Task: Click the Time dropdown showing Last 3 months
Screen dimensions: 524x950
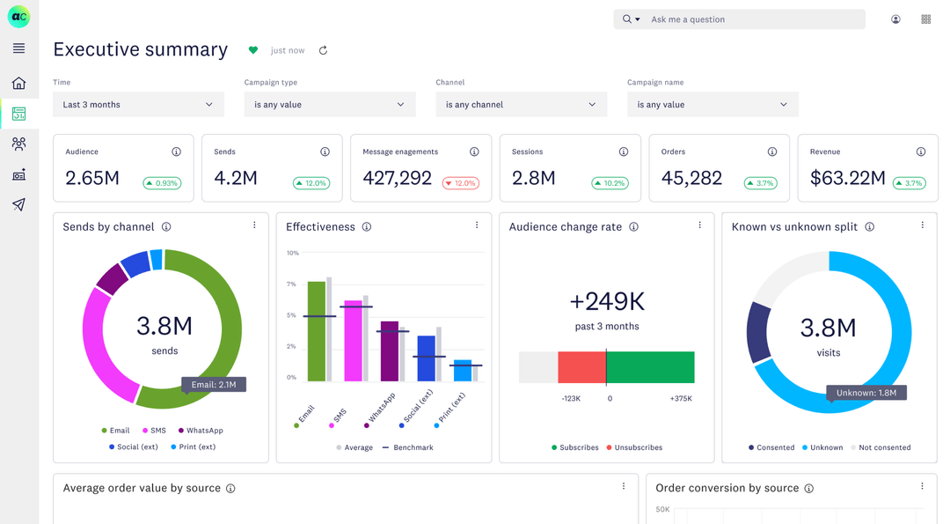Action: [x=138, y=105]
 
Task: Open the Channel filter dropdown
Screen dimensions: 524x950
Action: [x=521, y=105]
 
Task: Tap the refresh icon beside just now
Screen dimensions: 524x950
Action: [x=323, y=51]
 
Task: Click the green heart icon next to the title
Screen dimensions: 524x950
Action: [x=253, y=51]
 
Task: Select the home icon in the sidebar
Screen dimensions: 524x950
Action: [x=18, y=84]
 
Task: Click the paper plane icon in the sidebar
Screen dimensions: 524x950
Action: [x=18, y=204]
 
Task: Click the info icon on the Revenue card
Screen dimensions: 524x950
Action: [x=920, y=151]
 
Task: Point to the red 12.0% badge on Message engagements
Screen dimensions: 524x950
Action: [x=461, y=183]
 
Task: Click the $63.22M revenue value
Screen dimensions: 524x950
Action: [x=847, y=178]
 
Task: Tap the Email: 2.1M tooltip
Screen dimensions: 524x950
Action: [x=214, y=385]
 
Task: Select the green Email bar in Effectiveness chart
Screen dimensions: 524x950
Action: [x=316, y=333]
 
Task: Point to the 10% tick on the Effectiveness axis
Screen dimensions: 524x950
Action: [x=292, y=253]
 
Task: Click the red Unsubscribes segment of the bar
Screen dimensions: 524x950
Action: [x=581, y=367]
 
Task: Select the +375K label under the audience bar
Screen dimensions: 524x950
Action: [x=681, y=399]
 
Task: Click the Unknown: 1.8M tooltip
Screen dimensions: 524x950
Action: [x=866, y=393]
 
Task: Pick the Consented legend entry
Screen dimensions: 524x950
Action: [x=771, y=447]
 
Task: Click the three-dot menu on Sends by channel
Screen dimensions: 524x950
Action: [x=254, y=225]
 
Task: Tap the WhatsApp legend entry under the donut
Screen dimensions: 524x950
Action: [x=201, y=431]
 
